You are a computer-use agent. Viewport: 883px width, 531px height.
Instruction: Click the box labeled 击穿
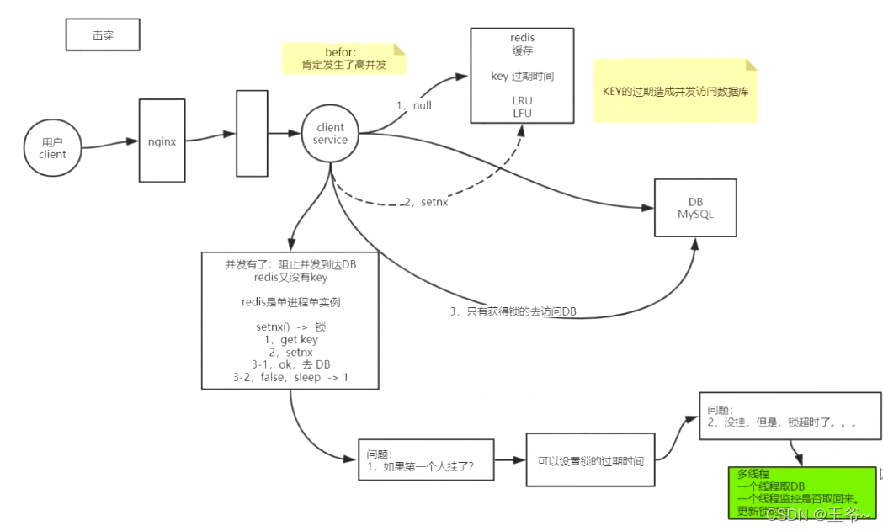[x=103, y=35]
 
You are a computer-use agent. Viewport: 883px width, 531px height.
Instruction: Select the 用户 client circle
[x=52, y=148]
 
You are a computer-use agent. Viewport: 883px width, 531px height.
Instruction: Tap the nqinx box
[x=161, y=141]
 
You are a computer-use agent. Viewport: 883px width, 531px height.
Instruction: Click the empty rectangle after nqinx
[x=252, y=134]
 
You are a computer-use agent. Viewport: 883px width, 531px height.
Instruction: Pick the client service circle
[x=330, y=134]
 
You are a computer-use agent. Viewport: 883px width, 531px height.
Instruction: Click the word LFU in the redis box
[x=522, y=114]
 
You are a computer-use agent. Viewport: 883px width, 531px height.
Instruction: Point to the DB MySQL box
[x=695, y=208]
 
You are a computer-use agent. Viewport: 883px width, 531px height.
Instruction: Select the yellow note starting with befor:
[x=343, y=59]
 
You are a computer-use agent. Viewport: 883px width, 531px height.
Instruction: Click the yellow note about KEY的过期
[x=675, y=92]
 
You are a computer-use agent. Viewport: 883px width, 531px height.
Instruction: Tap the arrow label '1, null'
[x=414, y=105]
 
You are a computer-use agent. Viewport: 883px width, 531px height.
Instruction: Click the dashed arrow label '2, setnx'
[x=428, y=202]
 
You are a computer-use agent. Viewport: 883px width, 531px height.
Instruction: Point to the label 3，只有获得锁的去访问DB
[x=513, y=311]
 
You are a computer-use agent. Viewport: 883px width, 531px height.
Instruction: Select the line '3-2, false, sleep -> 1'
[x=290, y=378]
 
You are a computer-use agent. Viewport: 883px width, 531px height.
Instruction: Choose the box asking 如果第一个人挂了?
[x=425, y=459]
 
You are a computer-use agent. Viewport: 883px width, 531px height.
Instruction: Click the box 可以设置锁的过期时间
[x=590, y=460]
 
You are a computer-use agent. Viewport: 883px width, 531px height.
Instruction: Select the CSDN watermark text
[x=817, y=513]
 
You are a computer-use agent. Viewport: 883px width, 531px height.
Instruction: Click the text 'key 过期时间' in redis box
[x=522, y=76]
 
